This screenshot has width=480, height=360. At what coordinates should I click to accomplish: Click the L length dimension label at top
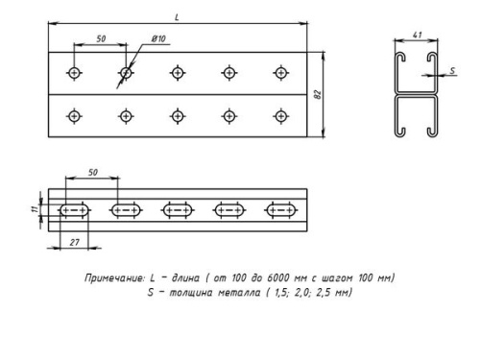pyautogui.click(x=176, y=16)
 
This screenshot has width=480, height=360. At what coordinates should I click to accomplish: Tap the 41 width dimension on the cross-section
pyautogui.click(x=417, y=35)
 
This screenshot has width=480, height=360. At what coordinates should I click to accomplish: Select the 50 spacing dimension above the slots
pyautogui.click(x=92, y=173)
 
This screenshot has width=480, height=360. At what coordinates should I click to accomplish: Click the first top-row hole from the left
pyautogui.click(x=74, y=73)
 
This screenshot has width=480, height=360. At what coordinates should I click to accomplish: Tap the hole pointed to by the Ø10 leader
pyautogui.click(x=126, y=73)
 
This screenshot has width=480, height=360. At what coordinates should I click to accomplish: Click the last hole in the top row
pyautogui.click(x=280, y=73)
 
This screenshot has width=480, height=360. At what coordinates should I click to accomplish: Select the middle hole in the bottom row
pyautogui.click(x=178, y=116)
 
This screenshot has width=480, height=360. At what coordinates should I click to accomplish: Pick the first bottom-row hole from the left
pyautogui.click(x=74, y=116)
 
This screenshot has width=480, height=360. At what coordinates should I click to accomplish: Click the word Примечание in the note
pyautogui.click(x=110, y=277)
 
